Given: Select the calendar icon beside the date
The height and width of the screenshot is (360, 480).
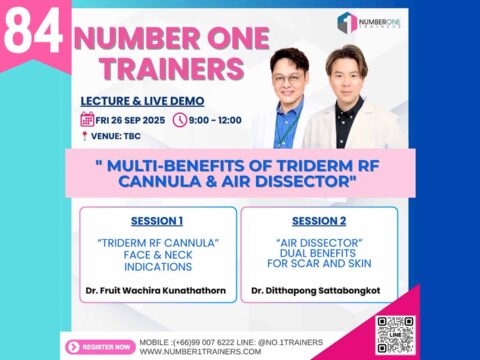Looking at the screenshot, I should pyautogui.click(x=88, y=120).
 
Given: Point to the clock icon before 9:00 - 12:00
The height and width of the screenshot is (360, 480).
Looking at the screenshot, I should pyautogui.click(x=179, y=120).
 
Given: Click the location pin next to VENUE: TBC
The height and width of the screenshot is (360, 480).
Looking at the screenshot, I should pyautogui.click(x=87, y=137).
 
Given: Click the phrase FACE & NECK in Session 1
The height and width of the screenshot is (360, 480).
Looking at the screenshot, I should pyautogui.click(x=156, y=255).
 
